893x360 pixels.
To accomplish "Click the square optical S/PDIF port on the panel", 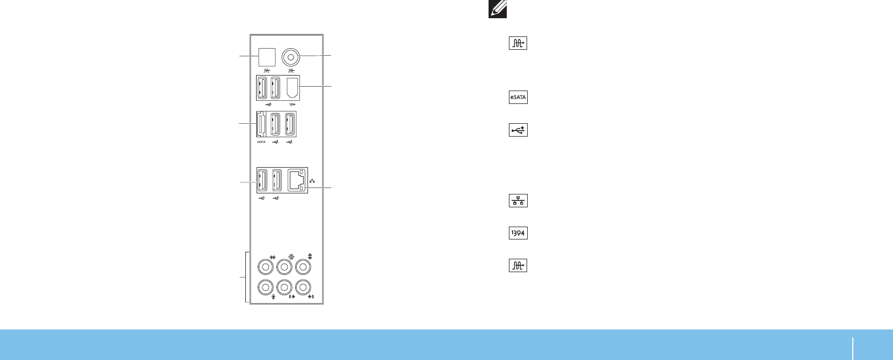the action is tap(267, 57).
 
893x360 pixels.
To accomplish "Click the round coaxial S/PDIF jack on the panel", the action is tap(291, 56).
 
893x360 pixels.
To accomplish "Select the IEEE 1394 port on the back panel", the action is tap(292, 88).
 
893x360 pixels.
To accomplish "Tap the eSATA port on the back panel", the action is tap(261, 125).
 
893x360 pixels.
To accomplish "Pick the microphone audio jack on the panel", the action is tap(265, 287).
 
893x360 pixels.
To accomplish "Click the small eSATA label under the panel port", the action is tap(261, 142).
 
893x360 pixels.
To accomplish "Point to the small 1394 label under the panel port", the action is tap(292, 104).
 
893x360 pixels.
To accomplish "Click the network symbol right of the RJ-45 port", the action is tap(312, 181).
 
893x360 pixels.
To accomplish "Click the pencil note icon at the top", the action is tap(498, 9).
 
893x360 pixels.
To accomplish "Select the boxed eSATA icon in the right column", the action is tap(518, 97).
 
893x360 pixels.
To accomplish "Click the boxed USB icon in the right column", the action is tap(518, 130).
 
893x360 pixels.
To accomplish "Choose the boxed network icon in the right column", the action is tap(518, 201).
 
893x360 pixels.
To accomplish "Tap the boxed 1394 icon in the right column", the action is tap(518, 233).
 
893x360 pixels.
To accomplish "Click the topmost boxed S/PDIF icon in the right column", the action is tap(518, 43).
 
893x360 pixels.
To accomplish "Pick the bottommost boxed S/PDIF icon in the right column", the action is tap(518, 265).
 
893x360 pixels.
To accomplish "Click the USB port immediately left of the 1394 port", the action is tap(276, 88).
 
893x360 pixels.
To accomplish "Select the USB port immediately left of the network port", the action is tap(277, 180).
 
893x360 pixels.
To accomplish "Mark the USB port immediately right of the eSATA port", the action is tap(275, 125).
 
